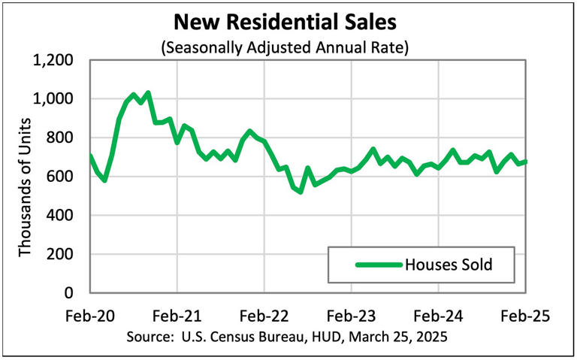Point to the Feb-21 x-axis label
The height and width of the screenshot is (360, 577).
click(177, 316)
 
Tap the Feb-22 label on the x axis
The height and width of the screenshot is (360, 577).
click(264, 316)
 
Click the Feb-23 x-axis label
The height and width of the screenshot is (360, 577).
click(352, 316)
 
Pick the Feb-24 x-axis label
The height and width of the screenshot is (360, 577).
click(439, 316)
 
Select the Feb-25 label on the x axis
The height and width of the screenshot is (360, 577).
click(526, 316)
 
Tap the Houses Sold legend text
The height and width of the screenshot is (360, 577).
click(449, 265)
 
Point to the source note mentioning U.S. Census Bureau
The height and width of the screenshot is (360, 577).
click(288, 336)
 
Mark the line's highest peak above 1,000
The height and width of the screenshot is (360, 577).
click(147, 93)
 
